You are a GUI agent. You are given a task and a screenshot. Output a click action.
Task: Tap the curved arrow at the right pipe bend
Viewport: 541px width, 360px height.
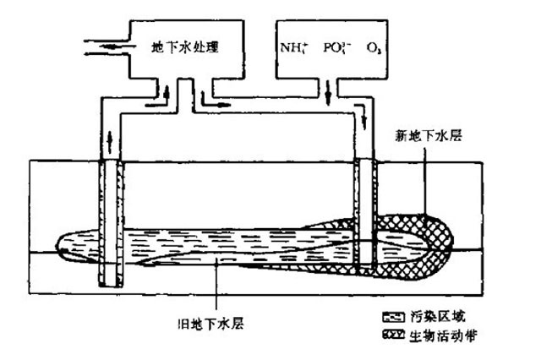[361, 114]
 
